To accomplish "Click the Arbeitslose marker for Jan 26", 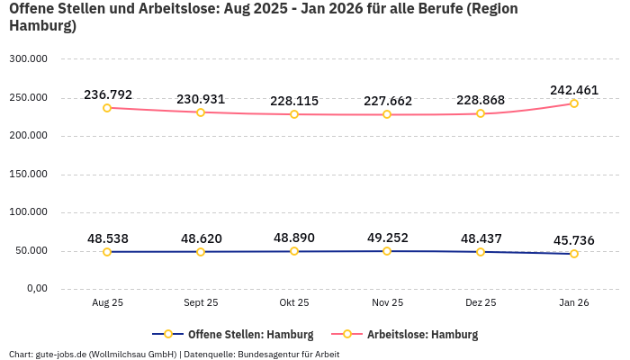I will (574, 103).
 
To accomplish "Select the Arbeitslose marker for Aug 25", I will (107, 108).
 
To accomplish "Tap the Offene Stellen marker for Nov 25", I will (387, 251).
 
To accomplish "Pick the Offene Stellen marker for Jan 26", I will (574, 254).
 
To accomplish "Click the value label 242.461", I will (574, 90).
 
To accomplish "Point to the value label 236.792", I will (108, 94).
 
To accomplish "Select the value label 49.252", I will (387, 238).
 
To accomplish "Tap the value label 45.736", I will (574, 240).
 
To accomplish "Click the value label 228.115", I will (294, 101).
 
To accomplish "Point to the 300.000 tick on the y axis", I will (28, 59).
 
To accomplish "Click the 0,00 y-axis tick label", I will (35, 289).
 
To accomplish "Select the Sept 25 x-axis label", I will (201, 303).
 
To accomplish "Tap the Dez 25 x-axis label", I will (481, 303).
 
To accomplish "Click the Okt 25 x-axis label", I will (294, 303).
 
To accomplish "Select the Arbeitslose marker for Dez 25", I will (481, 113).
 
